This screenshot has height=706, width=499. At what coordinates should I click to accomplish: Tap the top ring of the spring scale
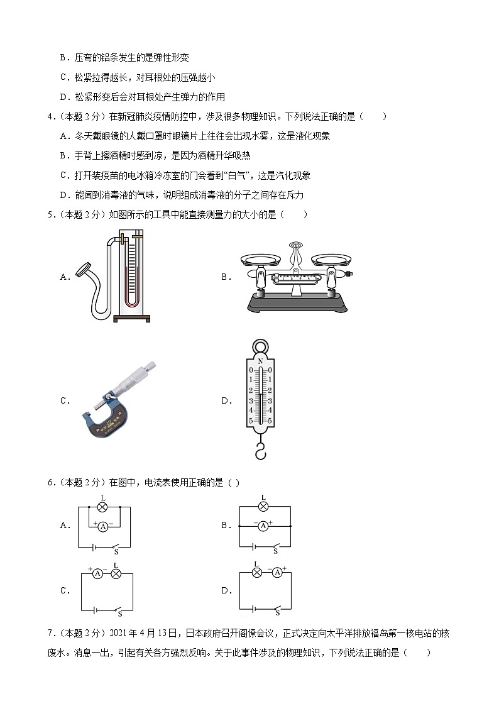pyautogui.click(x=260, y=347)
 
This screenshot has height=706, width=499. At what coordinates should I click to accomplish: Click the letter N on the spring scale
pyautogui.click(x=260, y=361)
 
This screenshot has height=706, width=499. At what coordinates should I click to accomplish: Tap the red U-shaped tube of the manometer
pyautogui.click(x=131, y=277)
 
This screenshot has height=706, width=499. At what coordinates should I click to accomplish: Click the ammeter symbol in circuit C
pyautogui.click(x=97, y=574)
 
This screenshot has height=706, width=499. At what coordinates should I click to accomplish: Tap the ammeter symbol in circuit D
pyautogui.click(x=276, y=573)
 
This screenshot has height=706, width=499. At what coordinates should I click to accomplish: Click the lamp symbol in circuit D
pyautogui.click(x=256, y=573)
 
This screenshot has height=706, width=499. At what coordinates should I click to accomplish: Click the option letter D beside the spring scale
pyautogui.click(x=224, y=400)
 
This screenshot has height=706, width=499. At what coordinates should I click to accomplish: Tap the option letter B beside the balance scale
pyautogui.click(x=224, y=276)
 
